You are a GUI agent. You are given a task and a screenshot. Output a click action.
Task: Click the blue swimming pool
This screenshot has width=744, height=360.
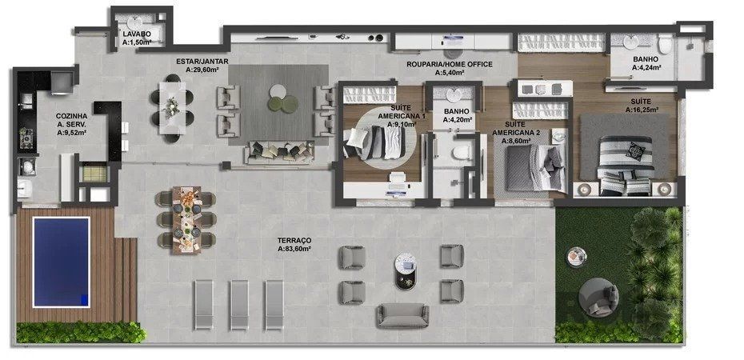click(60, 262)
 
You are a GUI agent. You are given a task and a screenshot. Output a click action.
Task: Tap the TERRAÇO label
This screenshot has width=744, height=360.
click(295, 240)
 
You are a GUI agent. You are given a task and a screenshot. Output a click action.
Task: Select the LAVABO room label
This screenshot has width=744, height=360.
click(137, 34)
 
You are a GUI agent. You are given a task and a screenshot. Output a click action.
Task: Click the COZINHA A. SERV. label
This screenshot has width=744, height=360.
click(72, 125)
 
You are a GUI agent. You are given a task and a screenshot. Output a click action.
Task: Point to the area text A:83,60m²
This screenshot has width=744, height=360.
click(295, 250)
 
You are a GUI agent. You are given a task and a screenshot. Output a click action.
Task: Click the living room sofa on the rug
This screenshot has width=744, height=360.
click(279, 150)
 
